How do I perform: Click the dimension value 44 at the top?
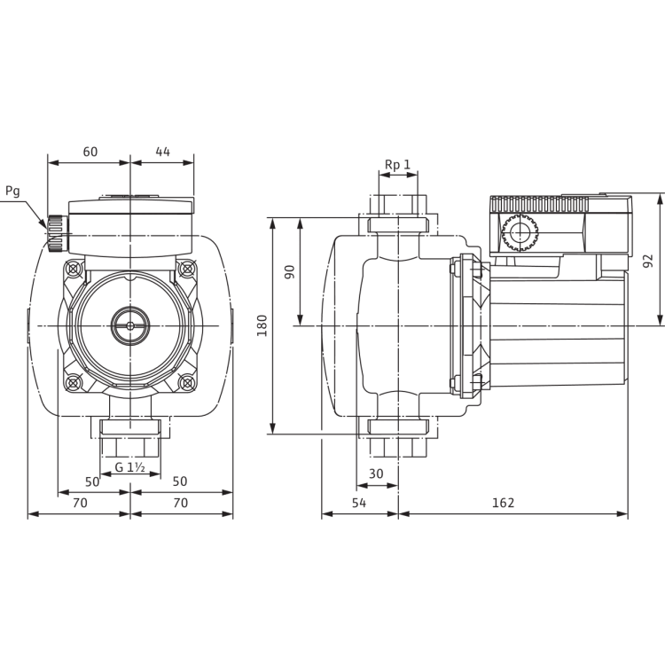click(162, 152)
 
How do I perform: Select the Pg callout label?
click(11, 191)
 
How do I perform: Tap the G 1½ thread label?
click(130, 467)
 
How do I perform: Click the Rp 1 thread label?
click(398, 163)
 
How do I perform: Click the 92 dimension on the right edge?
click(647, 261)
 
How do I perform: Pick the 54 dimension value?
click(359, 502)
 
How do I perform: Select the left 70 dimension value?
click(79, 502)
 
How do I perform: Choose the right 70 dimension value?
click(181, 502)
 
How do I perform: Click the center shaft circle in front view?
click(130, 325)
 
